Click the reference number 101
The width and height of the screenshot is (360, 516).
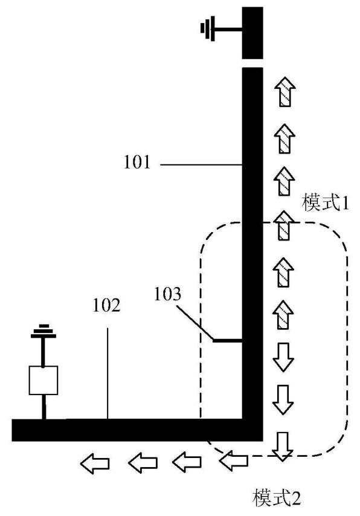coord(137,163)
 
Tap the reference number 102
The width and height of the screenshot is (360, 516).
coord(107,305)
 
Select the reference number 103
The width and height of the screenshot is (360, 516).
coord(168,294)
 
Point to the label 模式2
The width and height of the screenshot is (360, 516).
coord(277,498)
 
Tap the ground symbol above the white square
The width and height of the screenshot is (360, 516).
coord(43,331)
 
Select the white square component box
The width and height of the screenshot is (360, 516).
coord(43,380)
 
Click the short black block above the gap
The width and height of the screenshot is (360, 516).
coord(252,33)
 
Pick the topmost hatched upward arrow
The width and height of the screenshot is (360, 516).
coord(285,91)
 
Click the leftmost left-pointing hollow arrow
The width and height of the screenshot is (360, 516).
coord(95,463)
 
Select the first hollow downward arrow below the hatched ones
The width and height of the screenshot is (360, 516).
coord(283,357)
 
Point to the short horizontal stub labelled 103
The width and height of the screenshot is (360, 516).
coord(228,340)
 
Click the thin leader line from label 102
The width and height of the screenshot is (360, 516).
coord(108,373)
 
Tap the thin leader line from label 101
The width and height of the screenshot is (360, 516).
coord(201,164)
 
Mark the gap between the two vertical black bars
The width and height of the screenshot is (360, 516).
coord(252,63)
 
